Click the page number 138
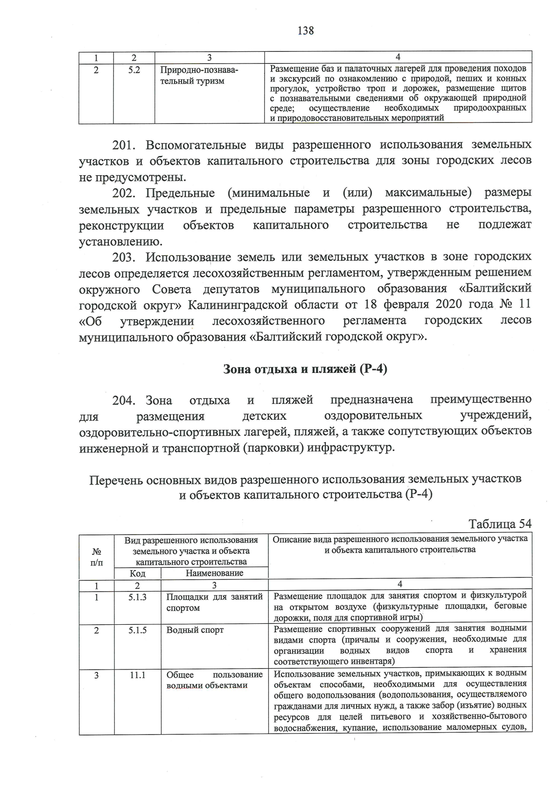coord(305,31)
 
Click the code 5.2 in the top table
coord(134,70)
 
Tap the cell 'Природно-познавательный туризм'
coord(199,76)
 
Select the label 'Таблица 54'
coord(500,523)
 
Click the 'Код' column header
coord(137,573)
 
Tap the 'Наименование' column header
coord(214,573)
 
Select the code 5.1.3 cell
coord(138,597)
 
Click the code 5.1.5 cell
coord(138,630)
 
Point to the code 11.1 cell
coord(138,675)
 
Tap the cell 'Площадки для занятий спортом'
coord(214,602)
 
